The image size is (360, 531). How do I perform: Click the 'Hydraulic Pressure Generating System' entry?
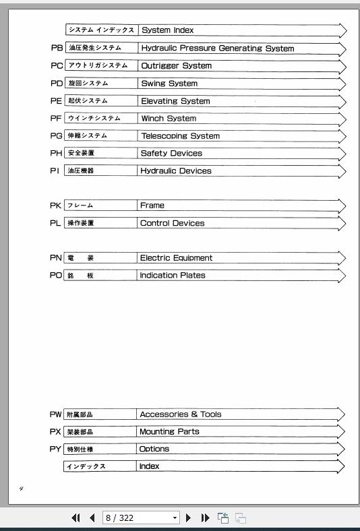tap(217, 49)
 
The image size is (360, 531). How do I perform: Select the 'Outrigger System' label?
tap(176, 66)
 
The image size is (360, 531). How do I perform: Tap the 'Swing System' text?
tap(169, 84)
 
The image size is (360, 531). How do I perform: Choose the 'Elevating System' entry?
tap(175, 101)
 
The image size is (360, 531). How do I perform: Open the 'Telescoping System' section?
tap(180, 136)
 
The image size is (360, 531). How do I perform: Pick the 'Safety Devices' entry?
tap(171, 154)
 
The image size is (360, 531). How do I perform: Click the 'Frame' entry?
tap(152, 206)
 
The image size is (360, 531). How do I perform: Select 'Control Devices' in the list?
tap(172, 223)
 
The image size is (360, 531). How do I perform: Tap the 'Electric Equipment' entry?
tap(176, 258)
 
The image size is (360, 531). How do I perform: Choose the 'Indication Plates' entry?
tap(173, 276)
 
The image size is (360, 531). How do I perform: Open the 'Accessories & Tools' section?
tap(180, 414)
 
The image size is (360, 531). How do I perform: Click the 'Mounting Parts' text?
tap(169, 432)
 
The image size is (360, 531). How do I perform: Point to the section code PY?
tap(55, 449)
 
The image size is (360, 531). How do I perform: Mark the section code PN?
tap(55, 258)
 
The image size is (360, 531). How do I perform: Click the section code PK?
tap(55, 206)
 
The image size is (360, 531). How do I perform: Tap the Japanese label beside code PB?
tap(94, 49)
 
